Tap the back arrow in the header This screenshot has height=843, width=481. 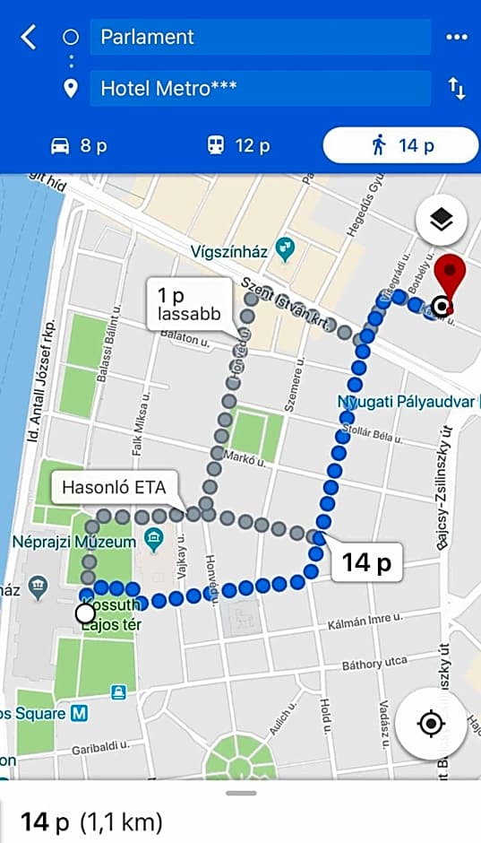29,38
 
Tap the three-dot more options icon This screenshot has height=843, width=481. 457,38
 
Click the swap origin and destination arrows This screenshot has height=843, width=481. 457,89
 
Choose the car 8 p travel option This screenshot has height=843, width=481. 80,145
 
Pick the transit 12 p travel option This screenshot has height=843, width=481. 238,145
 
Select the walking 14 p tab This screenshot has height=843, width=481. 401,145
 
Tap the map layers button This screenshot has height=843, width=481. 441,220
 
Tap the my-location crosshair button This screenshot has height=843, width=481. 431,723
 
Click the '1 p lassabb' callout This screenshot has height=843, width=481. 189,305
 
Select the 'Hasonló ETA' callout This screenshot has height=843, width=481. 114,491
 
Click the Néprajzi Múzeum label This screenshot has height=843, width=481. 74,543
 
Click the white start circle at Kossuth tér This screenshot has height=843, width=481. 85,613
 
